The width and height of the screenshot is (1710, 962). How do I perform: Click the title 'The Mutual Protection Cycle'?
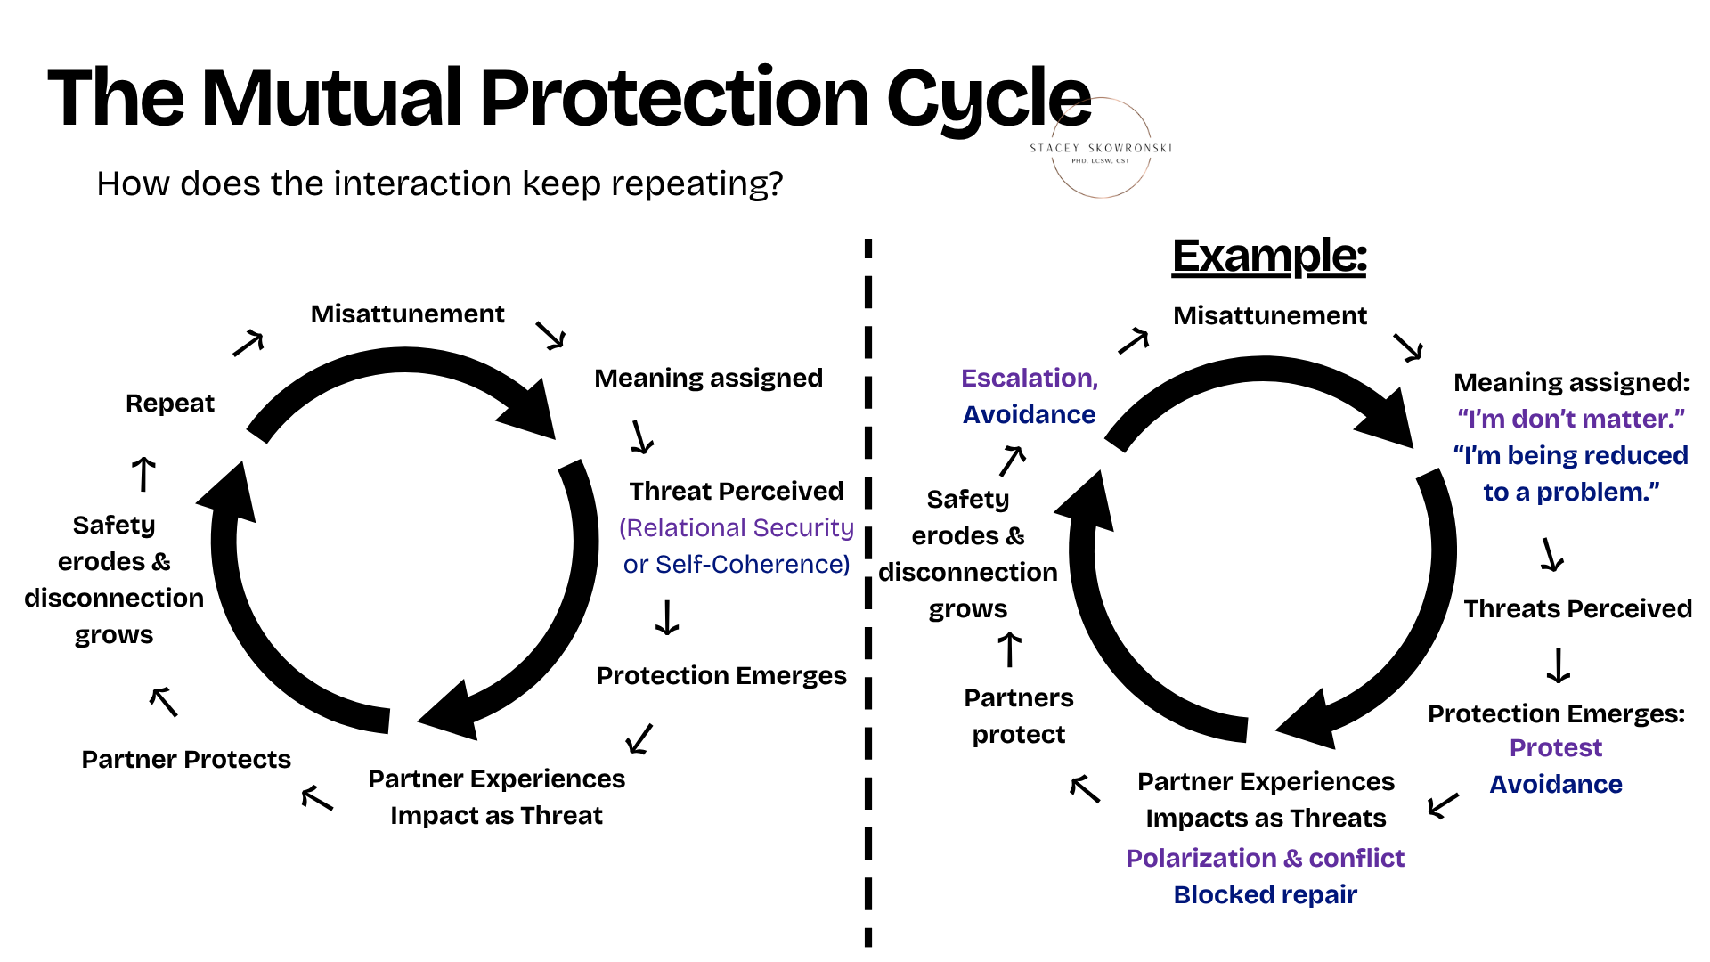pos(569,98)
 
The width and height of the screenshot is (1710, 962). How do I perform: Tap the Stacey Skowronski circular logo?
pos(1102,148)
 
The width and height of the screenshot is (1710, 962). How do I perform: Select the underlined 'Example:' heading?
pos(1269,257)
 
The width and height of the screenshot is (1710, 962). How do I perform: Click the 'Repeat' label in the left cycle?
pos(170,404)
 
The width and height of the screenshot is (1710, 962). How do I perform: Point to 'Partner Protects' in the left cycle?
pos(186,759)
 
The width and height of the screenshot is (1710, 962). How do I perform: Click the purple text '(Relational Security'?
pos(737,528)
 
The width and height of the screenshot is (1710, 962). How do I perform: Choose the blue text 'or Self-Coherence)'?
pos(737,565)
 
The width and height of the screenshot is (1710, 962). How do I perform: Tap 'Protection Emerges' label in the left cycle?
pos(721,676)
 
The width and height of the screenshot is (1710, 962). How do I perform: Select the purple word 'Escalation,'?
pos(1030,379)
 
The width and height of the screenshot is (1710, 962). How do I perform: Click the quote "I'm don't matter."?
pos(1571,419)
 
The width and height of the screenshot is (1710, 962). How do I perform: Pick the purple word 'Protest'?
pos(1556,748)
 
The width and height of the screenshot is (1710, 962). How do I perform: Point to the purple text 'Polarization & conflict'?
pos(1266,858)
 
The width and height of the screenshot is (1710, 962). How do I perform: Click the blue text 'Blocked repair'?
pos(1266,894)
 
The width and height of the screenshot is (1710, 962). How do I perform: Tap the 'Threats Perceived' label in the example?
pos(1578,608)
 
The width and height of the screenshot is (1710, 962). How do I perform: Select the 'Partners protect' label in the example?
pos(1019,716)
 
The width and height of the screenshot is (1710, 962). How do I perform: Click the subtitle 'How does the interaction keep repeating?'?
pos(440,184)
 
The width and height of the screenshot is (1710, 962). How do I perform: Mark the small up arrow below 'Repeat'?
pos(143,473)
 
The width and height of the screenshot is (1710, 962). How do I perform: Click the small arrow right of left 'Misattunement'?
pos(550,335)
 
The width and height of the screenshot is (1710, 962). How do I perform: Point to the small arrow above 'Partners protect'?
pos(1009,649)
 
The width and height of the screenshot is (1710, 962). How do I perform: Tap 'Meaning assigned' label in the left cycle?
pos(709,379)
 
